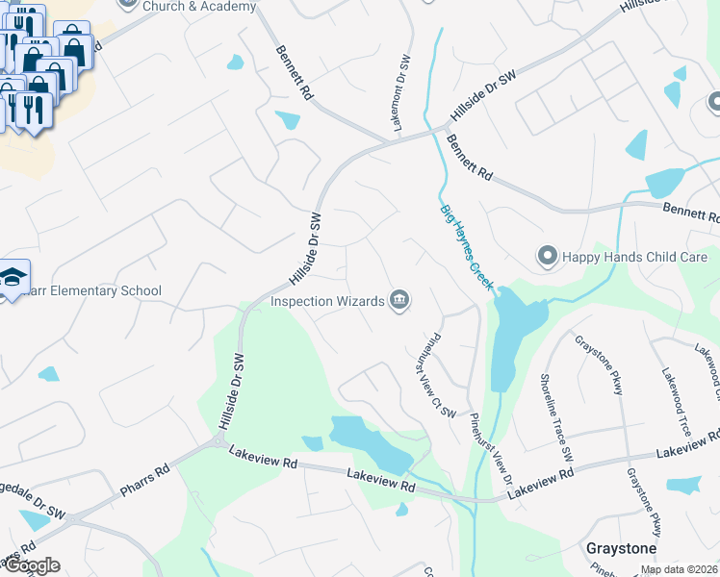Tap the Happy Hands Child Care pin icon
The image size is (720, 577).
(548, 257)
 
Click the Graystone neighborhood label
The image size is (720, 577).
(621, 548)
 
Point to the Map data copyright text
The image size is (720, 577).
(680, 569)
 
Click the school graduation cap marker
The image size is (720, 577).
(13, 279)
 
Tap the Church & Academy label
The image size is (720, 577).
(199, 6)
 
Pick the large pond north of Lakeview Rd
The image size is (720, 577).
(371, 442)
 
